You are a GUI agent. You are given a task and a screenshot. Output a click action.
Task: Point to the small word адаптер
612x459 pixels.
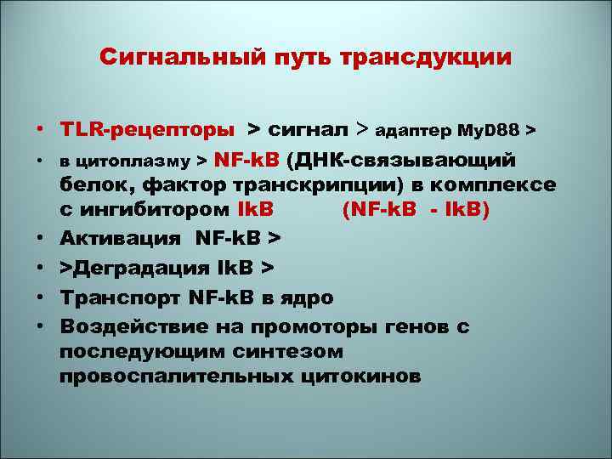(412, 131)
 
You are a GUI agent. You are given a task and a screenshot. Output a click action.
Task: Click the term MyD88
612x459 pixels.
(489, 131)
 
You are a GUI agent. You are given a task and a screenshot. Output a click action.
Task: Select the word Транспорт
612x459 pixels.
(125, 298)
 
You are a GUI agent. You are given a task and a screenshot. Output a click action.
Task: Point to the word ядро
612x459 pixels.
(307, 298)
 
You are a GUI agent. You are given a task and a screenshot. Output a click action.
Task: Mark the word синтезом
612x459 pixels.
(287, 351)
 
